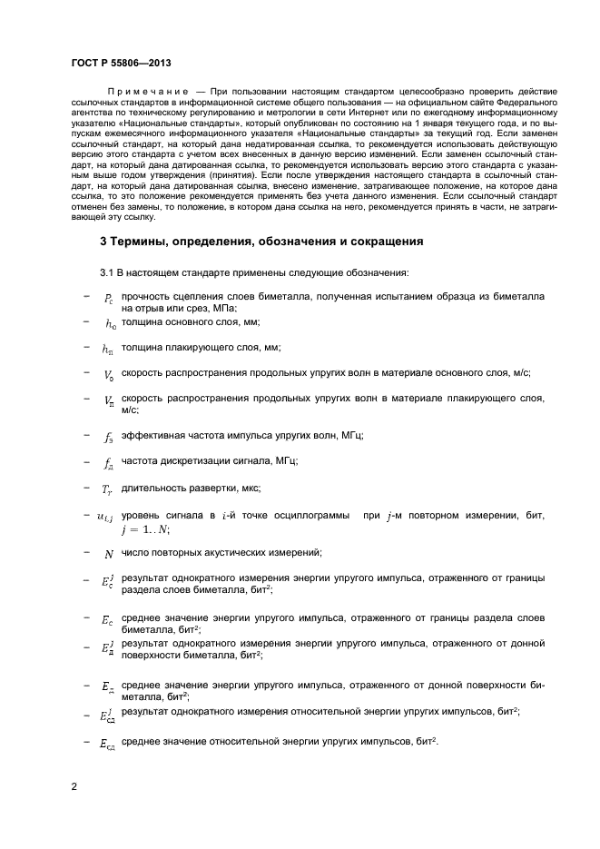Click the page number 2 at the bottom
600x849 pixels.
(x=74, y=785)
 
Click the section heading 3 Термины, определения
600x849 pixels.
(x=260, y=242)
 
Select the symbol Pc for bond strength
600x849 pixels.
(x=108, y=298)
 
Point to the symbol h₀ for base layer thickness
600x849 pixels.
(x=110, y=323)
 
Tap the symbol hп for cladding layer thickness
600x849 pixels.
(x=108, y=349)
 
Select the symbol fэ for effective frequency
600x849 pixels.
(x=108, y=437)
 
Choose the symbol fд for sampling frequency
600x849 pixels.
(x=108, y=462)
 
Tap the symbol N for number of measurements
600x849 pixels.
(x=109, y=554)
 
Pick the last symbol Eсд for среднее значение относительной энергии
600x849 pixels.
(x=107, y=744)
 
